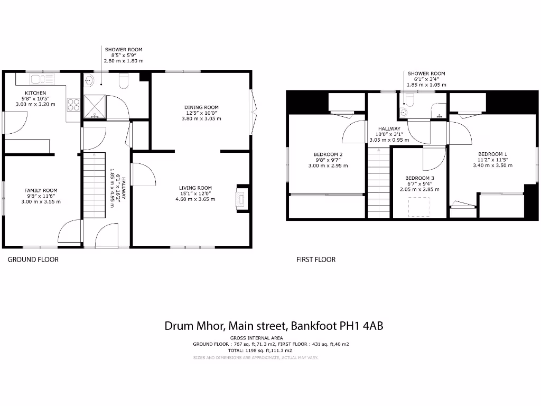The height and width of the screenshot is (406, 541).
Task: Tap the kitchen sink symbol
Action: pyautogui.click(x=36, y=79)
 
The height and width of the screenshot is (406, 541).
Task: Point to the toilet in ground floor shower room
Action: pyautogui.click(x=124, y=81)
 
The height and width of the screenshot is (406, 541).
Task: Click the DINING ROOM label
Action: pyautogui.click(x=201, y=107)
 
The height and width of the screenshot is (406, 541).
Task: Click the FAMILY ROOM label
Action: pyautogui.click(x=41, y=190)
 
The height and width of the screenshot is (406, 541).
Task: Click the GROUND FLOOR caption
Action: pyautogui.click(x=33, y=260)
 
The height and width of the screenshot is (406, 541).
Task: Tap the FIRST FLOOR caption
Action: pyautogui.click(x=316, y=260)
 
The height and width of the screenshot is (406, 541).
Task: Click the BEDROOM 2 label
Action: pyautogui.click(x=325, y=154)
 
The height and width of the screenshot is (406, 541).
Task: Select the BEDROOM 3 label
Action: pyautogui.click(x=419, y=178)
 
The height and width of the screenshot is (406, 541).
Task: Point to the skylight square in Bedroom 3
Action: pyautogui.click(x=419, y=206)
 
